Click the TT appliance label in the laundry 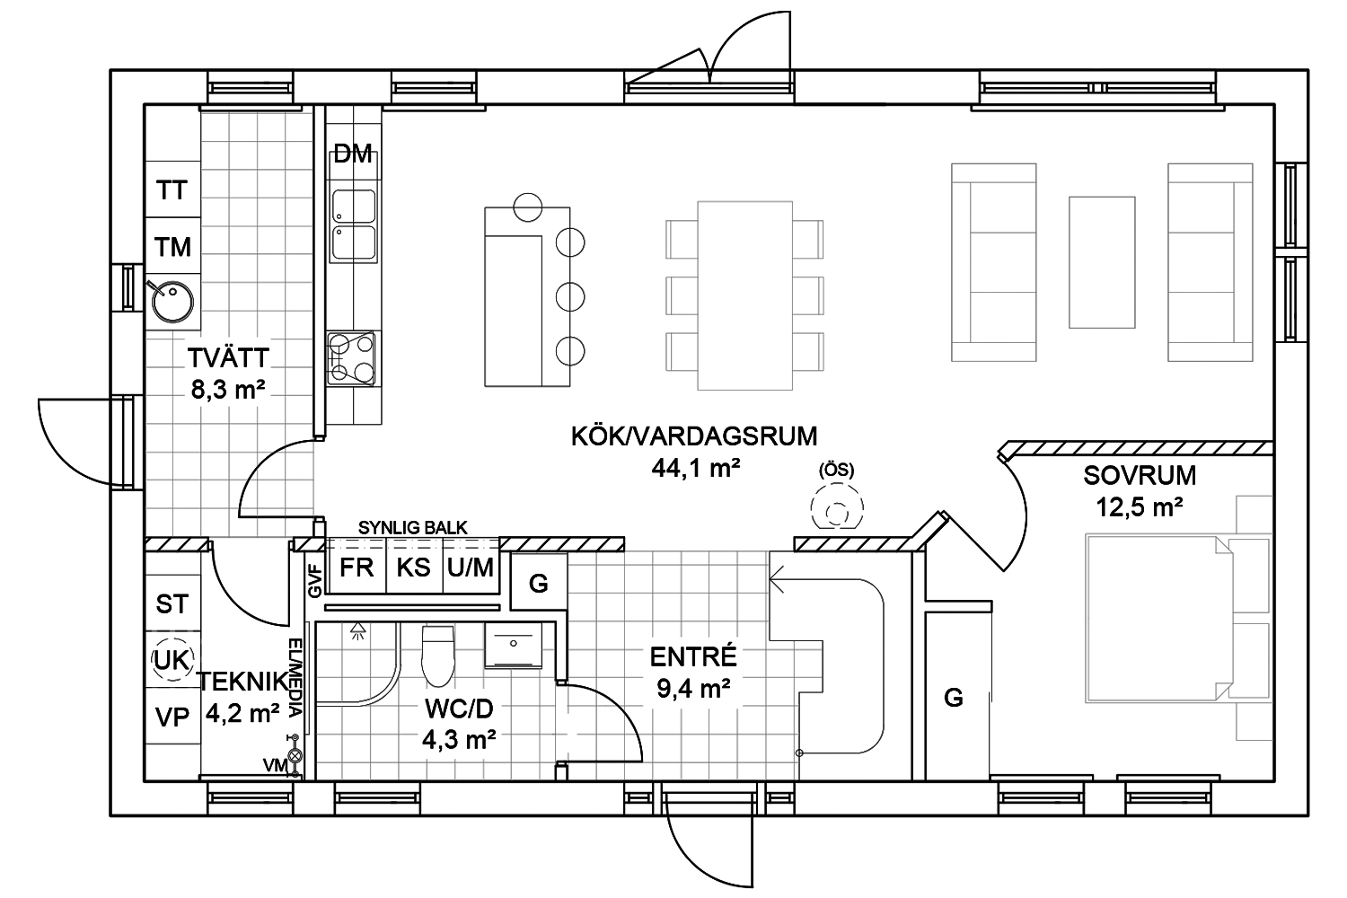(x=172, y=190)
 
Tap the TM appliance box (x=173, y=245)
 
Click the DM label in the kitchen (x=353, y=154)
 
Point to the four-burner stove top (x=351, y=358)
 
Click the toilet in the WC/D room (x=438, y=656)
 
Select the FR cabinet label (x=357, y=568)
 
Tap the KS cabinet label (x=414, y=568)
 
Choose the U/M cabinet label (x=471, y=568)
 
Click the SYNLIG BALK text (x=412, y=528)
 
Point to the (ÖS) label (x=836, y=471)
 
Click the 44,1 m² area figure (x=696, y=468)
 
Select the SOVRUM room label (x=1140, y=476)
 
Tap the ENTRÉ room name (x=693, y=657)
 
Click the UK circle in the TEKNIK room (x=172, y=660)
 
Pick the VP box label (x=172, y=717)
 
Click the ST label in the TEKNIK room (x=172, y=603)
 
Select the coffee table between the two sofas (x=1102, y=262)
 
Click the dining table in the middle (x=744, y=296)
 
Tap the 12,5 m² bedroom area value (x=1140, y=507)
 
